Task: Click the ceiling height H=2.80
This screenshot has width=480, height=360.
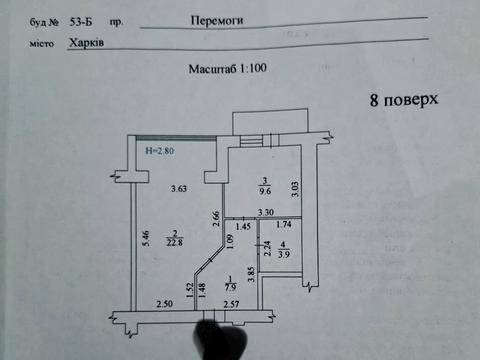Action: point(159,152)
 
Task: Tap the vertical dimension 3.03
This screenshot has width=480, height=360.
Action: point(295,188)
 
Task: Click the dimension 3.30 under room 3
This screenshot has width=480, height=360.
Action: point(265,213)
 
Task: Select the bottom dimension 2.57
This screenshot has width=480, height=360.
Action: point(232,304)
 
